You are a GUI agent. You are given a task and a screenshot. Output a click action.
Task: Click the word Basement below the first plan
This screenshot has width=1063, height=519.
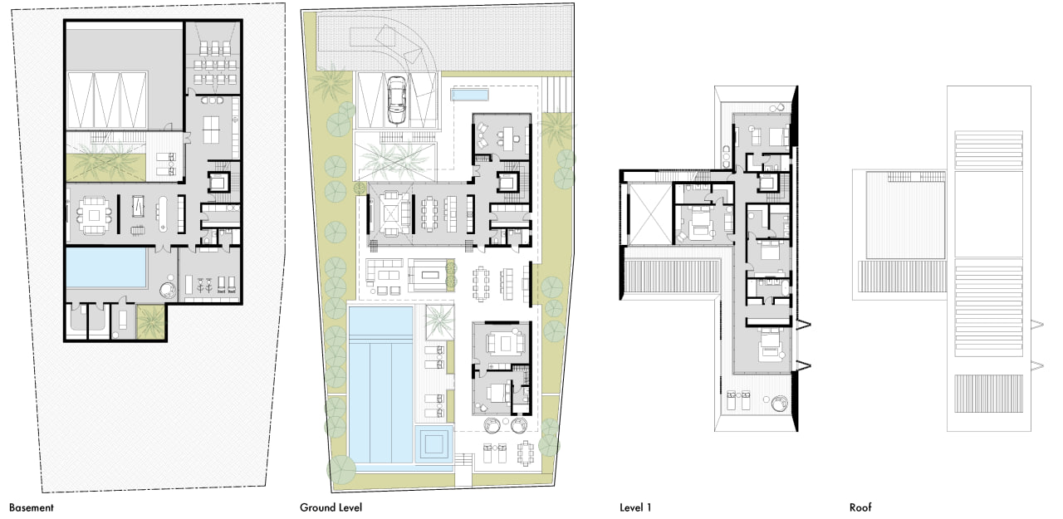pyautogui.click(x=32, y=507)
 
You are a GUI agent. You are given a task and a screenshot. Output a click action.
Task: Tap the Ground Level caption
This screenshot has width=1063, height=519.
pyautogui.click(x=331, y=507)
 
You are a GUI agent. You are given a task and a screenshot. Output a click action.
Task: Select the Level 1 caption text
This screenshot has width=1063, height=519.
pyautogui.click(x=635, y=507)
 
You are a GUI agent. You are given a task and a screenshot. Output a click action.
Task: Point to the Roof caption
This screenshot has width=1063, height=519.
pyautogui.click(x=860, y=507)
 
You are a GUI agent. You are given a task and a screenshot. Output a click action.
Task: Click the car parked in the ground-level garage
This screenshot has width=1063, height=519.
pyautogui.click(x=397, y=100)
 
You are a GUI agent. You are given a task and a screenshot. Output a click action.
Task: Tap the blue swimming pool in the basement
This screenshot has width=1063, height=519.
pyautogui.click(x=105, y=268)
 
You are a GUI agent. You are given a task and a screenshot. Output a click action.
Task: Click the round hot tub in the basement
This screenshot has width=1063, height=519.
pyautogui.click(x=168, y=290)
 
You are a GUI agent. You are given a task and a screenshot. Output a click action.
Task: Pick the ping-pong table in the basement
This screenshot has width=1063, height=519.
pyautogui.click(x=211, y=129)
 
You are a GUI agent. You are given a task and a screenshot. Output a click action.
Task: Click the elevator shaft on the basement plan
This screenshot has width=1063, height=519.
pyautogui.click(x=218, y=183)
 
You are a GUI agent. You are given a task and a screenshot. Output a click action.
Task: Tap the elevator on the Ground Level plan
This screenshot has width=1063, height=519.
pyautogui.click(x=507, y=182)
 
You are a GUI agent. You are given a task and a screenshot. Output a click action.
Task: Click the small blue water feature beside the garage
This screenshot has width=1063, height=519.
pyautogui.click(x=469, y=95)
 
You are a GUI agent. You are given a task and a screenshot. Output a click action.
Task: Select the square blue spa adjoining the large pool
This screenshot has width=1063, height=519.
pyautogui.click(x=434, y=444)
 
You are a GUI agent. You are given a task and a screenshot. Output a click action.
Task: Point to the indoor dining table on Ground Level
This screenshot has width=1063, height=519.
pyautogui.click(x=430, y=214)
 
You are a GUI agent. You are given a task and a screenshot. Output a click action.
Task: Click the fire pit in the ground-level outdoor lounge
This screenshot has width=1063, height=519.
pyautogui.click(x=430, y=275)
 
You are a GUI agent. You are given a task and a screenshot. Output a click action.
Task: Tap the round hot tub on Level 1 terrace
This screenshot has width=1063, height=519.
pyautogui.click(x=779, y=404)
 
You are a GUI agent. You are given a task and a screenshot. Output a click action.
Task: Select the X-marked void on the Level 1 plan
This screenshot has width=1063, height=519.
pyautogui.click(x=650, y=214)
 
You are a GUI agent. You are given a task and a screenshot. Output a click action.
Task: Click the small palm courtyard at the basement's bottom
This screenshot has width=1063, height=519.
pyautogui.click(x=151, y=321)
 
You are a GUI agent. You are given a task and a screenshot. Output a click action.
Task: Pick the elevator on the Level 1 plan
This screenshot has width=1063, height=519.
pyautogui.click(x=767, y=182)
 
